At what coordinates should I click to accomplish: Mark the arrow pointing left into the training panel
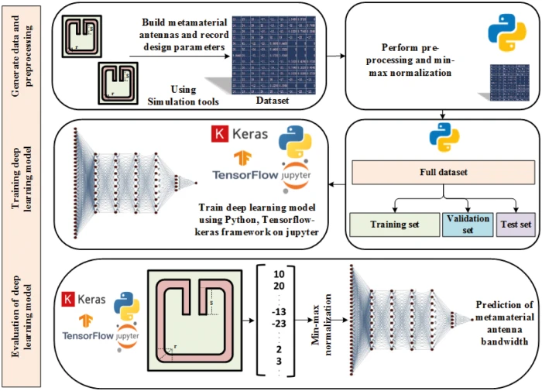(x=334, y=183)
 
